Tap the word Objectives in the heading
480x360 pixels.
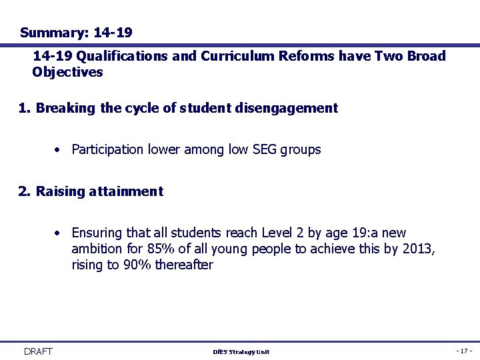coord(68,72)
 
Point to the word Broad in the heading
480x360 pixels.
coord(426,56)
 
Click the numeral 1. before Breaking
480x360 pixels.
coord(25,108)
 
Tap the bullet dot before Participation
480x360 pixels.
coord(59,150)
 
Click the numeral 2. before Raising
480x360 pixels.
coord(25,191)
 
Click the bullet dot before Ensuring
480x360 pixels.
coord(59,233)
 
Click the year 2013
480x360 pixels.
coord(419,249)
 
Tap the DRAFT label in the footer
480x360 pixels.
coord(38,351)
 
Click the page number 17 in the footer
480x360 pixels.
coord(464,351)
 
